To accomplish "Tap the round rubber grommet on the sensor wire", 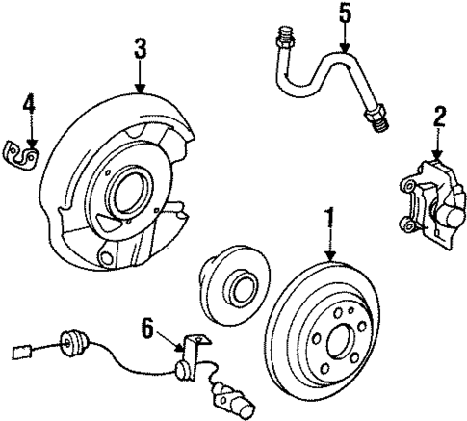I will click(70, 342).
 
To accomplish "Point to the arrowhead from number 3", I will click(141, 91).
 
